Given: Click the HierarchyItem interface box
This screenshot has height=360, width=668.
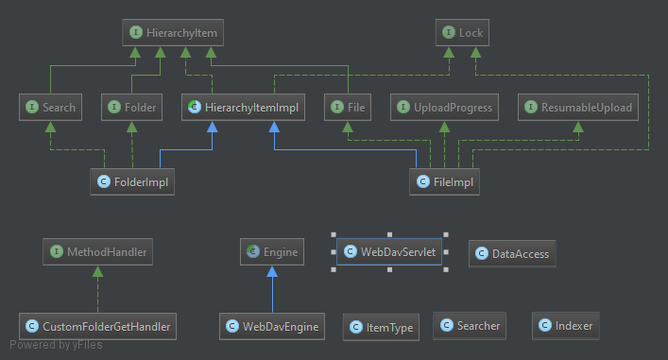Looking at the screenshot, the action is point(173,32).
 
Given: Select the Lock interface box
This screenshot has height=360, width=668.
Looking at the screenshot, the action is point(462,32).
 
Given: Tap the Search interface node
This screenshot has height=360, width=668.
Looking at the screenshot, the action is point(50,107).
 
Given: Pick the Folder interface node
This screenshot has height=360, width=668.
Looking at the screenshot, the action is point(131,107).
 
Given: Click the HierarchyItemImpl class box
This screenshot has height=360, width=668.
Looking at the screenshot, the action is point(243,107).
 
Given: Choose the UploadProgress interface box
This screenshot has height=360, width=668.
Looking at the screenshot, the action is point(444,107).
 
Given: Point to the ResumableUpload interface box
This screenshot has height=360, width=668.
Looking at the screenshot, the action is point(578,107).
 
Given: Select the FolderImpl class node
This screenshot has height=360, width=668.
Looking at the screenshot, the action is point(132,182).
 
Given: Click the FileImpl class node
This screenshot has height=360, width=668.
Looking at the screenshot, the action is point(444,182).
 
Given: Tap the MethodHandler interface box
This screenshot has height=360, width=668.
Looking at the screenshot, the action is point(97,251).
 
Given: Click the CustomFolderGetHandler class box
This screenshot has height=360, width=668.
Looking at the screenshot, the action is point(97,326).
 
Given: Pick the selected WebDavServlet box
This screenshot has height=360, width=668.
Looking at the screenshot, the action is point(389,251).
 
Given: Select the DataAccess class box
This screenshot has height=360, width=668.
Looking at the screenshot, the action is point(512,254).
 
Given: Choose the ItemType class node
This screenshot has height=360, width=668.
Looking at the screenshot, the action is point(381,327).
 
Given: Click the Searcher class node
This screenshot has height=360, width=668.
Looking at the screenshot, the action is point(470,326).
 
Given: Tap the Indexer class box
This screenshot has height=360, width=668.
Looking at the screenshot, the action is point(565,326).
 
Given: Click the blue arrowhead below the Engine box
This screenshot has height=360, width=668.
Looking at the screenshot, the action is point(272,271).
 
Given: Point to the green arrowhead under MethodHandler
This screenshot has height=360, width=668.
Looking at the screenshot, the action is point(97,271).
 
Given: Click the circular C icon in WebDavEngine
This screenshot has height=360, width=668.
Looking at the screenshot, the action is point(232,326).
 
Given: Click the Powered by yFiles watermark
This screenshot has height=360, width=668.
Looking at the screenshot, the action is point(56,345).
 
